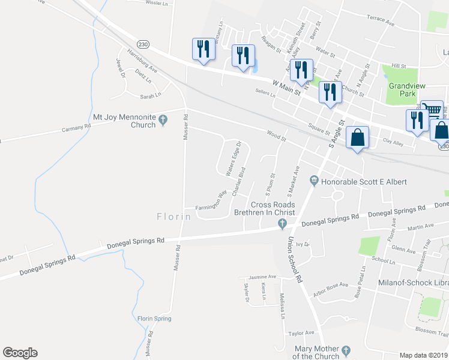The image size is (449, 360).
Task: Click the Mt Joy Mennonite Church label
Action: pyautogui.click(x=124, y=121)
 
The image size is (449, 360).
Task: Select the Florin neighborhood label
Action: pyautogui.click(x=174, y=217)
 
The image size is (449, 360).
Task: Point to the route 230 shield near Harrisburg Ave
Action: pyautogui.click(x=142, y=44)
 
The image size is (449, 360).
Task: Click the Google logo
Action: pyautogui.click(x=20, y=353)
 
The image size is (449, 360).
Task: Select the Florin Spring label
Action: pyautogui.click(x=154, y=319)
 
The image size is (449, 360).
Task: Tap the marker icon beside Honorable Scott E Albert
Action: pyautogui.click(x=314, y=180)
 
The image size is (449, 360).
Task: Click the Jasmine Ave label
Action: pyautogui.click(x=263, y=277)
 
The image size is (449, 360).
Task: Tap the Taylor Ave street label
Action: pyautogui.click(x=301, y=333)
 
